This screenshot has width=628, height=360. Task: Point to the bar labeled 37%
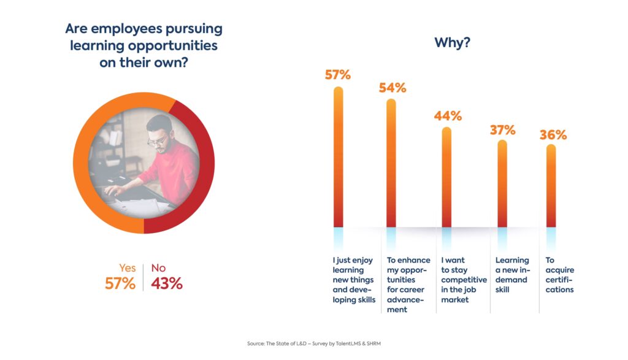point(502,183)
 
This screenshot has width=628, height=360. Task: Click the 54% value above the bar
point(392,88)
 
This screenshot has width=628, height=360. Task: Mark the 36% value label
point(553,135)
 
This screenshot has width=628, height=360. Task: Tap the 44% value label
point(448,116)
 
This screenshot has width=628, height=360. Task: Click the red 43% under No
point(167,283)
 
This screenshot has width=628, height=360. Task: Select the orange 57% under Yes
point(120,283)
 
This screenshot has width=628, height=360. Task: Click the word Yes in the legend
point(128,268)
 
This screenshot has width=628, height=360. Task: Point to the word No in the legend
point(158,268)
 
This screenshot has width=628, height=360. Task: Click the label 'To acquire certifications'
point(559,275)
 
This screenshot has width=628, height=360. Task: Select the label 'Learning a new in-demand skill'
point(512,275)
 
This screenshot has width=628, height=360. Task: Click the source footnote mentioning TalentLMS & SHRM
point(314,343)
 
